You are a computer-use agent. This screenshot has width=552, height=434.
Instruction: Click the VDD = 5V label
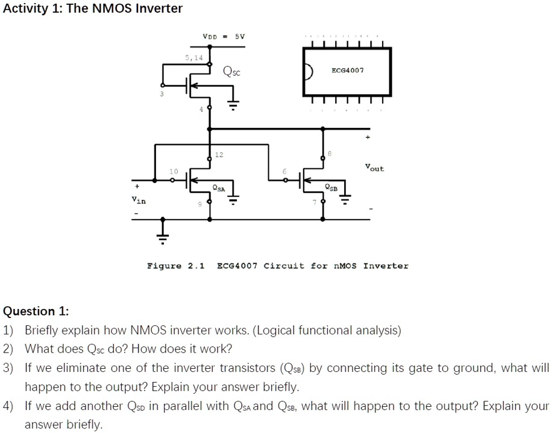224,36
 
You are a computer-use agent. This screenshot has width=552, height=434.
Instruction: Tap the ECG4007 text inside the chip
348,71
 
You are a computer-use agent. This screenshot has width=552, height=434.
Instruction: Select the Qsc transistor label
231,72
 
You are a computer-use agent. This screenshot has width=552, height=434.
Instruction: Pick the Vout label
374,168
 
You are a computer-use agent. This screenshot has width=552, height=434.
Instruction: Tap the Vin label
139,200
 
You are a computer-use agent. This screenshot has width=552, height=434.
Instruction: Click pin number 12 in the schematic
219,155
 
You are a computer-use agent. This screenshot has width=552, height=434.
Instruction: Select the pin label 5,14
193,57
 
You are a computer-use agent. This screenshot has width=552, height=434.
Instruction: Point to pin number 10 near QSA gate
173,171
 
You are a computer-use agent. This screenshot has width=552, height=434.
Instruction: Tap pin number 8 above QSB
328,154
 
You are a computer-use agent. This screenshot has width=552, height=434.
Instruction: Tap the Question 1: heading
36,311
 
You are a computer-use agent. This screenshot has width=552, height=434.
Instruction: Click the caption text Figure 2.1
176,266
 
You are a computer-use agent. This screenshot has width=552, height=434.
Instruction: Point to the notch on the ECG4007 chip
309,71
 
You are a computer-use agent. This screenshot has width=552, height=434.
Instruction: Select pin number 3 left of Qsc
162,94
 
